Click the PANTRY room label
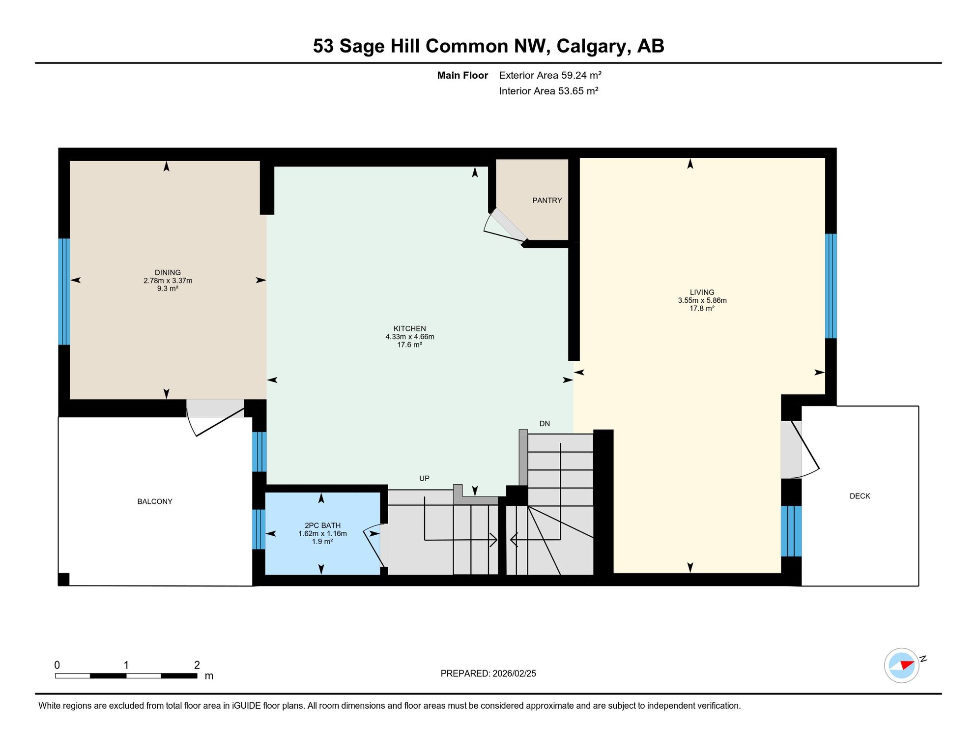(x=547, y=201)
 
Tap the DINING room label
(x=168, y=272)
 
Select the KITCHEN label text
(x=410, y=328)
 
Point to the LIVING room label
(x=702, y=292)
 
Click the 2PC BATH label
(x=322, y=525)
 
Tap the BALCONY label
(x=155, y=501)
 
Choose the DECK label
(x=860, y=496)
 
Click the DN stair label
(x=545, y=424)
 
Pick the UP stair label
(x=424, y=478)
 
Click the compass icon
(x=902, y=666)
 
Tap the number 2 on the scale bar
(x=197, y=665)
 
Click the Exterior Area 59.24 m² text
(x=550, y=75)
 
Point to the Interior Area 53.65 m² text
(x=548, y=91)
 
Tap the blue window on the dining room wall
(x=64, y=291)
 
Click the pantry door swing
(x=504, y=227)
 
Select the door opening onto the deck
(x=800, y=449)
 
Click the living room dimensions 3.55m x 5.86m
(x=702, y=300)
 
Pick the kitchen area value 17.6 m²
(x=410, y=345)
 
